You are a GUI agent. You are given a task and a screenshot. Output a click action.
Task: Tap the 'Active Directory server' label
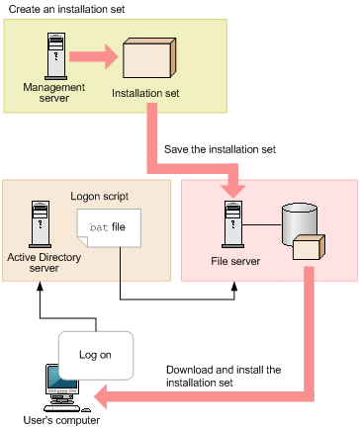44,263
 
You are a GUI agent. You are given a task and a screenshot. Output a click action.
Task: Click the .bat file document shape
110,230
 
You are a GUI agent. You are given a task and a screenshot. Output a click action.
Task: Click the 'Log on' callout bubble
95,353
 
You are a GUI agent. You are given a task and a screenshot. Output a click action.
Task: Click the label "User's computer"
59,420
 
